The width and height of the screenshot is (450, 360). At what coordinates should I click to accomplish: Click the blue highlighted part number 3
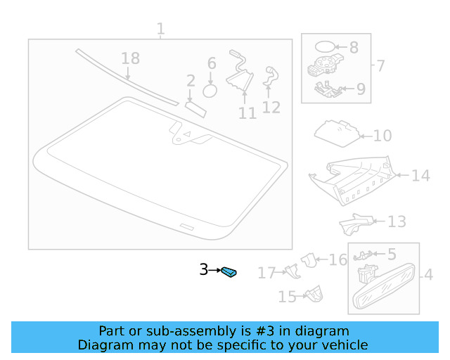pos(229,272)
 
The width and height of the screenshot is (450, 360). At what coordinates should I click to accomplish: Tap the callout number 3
pos(204,270)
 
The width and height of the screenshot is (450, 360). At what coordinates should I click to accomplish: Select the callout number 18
pos(131,58)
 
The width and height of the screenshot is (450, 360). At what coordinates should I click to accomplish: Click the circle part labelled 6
pos(210,91)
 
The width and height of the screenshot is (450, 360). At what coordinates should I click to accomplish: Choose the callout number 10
pos(382,136)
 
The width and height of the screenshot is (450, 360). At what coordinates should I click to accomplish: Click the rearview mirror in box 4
pos(384,286)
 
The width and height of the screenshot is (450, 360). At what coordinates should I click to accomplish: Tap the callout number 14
pos(420,175)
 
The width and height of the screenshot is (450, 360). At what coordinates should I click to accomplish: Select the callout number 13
pos(397,221)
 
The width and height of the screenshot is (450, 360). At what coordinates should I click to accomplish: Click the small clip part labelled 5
pos(364,255)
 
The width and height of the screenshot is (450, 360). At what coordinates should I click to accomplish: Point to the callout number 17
pos(266,273)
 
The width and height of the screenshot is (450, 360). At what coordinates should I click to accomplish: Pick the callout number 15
pos(288,297)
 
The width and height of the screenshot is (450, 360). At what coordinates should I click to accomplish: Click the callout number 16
pos(337,260)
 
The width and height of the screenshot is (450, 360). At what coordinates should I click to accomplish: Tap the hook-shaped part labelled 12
pos(271,76)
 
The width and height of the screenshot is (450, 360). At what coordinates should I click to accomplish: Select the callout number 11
pos(247,113)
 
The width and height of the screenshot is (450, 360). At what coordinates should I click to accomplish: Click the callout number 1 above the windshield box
pos(161,29)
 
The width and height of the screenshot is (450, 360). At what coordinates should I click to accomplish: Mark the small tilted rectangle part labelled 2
pos(195,110)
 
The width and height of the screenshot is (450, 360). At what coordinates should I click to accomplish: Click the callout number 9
pos(361,89)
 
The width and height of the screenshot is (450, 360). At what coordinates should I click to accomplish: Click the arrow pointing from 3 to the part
pos(214,270)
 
